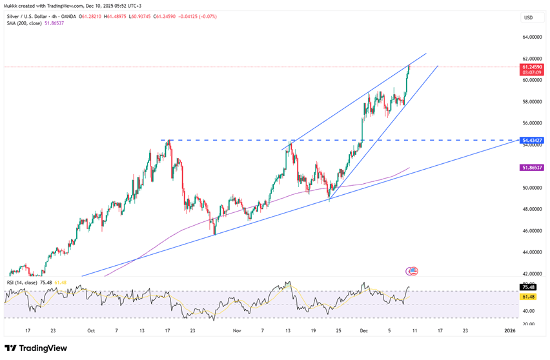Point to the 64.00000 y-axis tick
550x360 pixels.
point(531,37)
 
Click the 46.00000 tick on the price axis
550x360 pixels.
point(531,230)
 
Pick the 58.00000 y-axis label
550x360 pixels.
point(531,101)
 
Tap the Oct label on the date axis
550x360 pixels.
point(91,330)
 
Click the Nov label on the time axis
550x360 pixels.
point(237,330)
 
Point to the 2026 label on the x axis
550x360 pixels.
point(509,330)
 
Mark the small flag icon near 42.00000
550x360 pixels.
point(412,271)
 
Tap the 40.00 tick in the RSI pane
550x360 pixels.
point(528,310)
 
